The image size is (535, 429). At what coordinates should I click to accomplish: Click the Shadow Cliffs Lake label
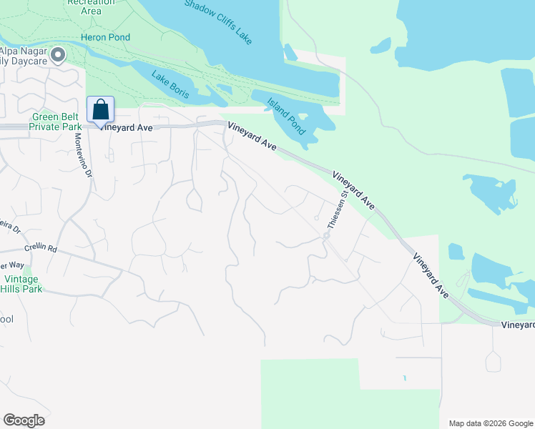coord(218,22)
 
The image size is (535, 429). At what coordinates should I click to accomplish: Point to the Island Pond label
coord(286,116)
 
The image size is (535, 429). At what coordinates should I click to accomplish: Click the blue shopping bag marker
coord(101,111)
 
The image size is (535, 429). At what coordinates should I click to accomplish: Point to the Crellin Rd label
coord(40,248)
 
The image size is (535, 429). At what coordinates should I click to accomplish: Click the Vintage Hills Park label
coord(23,284)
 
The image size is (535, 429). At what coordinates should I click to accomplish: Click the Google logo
coord(24,420)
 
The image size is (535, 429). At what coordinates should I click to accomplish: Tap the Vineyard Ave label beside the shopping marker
coord(127,127)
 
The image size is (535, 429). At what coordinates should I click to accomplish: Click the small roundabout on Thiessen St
coord(325,235)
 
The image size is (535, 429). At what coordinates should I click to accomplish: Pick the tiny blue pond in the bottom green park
coord(403,378)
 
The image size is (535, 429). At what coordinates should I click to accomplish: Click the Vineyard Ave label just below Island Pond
coord(252,136)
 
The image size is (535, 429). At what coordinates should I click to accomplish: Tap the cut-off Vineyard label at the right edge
coord(517,325)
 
